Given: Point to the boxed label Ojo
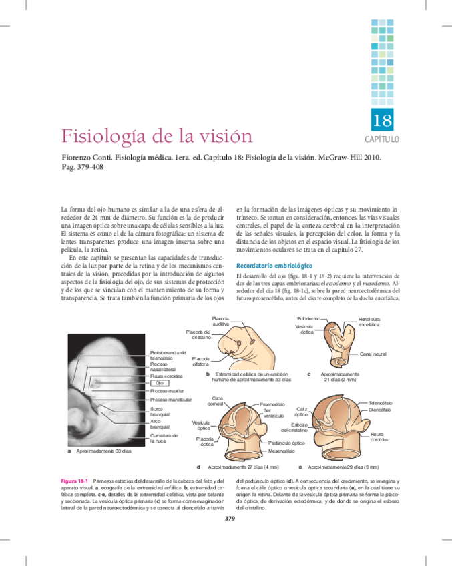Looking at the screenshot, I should tap(159, 383).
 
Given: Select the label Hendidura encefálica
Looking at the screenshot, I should tap(369, 322).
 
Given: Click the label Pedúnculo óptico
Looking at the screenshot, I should tap(286, 443).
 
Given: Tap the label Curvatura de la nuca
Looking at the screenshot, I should tap(164, 438).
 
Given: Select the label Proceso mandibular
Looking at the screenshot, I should tap(171, 400).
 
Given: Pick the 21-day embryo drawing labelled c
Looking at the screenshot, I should tap(341, 347).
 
